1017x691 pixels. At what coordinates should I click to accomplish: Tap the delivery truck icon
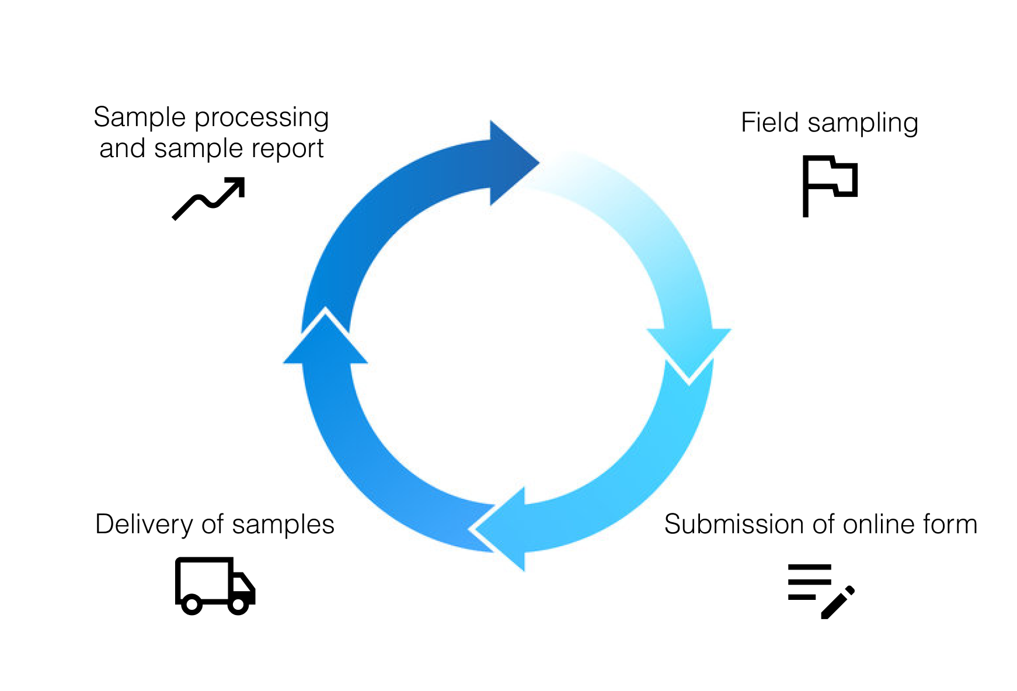pos(214,585)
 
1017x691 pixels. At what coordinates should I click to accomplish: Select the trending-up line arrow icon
pos(209,198)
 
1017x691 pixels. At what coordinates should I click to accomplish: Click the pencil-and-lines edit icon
pos(820,590)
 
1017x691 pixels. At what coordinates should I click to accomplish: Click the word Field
pos(769,123)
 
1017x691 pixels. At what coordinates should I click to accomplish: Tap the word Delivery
pos(144,524)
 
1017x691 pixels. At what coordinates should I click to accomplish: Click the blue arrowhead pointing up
pos(325,342)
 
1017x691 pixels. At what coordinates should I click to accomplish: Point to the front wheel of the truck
pos(238,605)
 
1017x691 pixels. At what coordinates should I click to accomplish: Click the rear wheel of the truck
pos(191,605)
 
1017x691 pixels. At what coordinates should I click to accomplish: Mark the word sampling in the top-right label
pos(862,124)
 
